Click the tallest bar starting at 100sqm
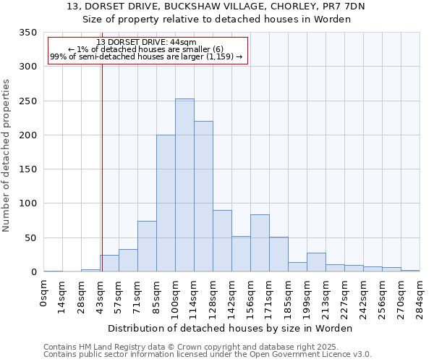coord(184,185)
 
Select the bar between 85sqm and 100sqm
coord(166,203)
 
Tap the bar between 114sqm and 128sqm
coord(203,196)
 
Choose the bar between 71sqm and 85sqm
coord(147,246)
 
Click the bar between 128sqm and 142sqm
coord(222,241)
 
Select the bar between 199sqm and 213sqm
coord(316,262)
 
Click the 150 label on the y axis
coord(28,169)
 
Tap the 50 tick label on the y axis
coord(30,238)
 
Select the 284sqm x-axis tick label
coord(420,296)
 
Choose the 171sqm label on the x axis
coord(269,296)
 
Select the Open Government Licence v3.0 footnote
coord(207,355)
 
